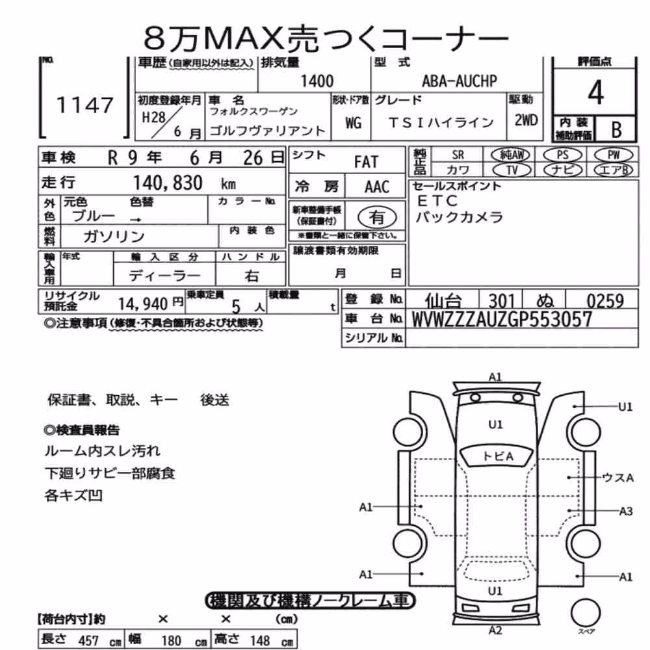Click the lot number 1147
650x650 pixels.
[84, 105]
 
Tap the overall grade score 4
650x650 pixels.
[595, 92]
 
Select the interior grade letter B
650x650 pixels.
[616, 130]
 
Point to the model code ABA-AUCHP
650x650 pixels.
[460, 81]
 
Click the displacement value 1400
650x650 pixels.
[317, 81]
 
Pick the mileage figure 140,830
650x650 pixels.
[168, 183]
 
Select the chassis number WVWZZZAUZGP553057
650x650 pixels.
[502, 319]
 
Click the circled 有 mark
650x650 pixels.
[376, 217]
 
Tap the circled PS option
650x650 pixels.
[562, 155]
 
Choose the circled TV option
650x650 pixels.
[512, 170]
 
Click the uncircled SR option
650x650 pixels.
[458, 155]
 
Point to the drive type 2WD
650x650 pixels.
[526, 120]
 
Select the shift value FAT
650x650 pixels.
[366, 162]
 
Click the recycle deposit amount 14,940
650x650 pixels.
[142, 304]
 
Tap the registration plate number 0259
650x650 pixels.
[604, 300]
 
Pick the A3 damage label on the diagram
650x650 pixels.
[625, 511]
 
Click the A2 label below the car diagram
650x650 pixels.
[495, 630]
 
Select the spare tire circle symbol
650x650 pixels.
[586, 613]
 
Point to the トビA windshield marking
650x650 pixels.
[497, 456]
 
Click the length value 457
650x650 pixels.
[88, 640]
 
